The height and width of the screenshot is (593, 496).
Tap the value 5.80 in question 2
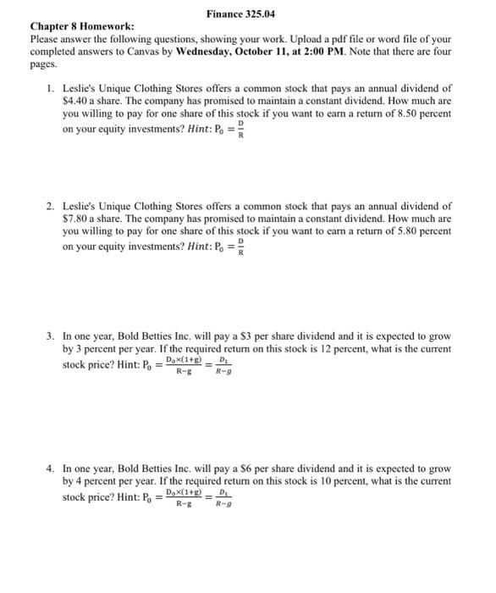tap(410, 231)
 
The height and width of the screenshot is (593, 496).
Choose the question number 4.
tap(51, 468)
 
